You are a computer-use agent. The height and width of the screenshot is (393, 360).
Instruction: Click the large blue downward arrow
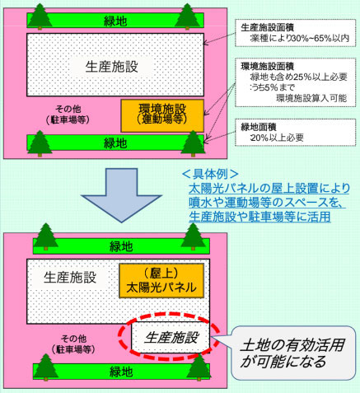[121, 195]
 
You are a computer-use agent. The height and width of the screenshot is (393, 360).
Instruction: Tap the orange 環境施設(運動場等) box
[162, 116]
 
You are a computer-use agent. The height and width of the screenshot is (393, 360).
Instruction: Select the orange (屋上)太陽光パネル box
[161, 281]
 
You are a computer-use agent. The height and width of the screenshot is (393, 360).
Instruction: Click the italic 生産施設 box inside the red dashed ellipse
[171, 338]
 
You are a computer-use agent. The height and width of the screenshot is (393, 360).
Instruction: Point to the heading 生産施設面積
[264, 27]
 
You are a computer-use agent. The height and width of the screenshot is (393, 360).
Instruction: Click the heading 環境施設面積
[264, 66]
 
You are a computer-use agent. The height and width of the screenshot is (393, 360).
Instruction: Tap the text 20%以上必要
[277, 138]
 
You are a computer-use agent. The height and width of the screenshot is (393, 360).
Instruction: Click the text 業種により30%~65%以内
[299, 38]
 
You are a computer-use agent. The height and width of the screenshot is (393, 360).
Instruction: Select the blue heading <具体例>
[210, 174]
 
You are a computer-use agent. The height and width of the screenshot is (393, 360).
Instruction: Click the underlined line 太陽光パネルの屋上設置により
[269, 189]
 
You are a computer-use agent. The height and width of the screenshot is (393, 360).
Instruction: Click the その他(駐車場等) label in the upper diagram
[68, 115]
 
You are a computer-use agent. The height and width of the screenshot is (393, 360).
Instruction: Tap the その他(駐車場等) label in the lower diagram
[73, 344]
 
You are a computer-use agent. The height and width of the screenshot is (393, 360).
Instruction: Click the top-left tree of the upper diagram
[40, 16]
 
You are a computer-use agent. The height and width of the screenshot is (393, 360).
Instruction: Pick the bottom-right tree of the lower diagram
[199, 367]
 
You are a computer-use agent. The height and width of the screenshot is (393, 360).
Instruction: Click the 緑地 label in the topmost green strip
[115, 21]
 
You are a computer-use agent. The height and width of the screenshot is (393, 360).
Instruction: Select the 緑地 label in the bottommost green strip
[121, 372]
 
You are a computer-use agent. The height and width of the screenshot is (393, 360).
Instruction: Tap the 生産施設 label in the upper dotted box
[111, 67]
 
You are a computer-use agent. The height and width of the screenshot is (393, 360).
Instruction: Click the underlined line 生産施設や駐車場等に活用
[259, 217]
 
